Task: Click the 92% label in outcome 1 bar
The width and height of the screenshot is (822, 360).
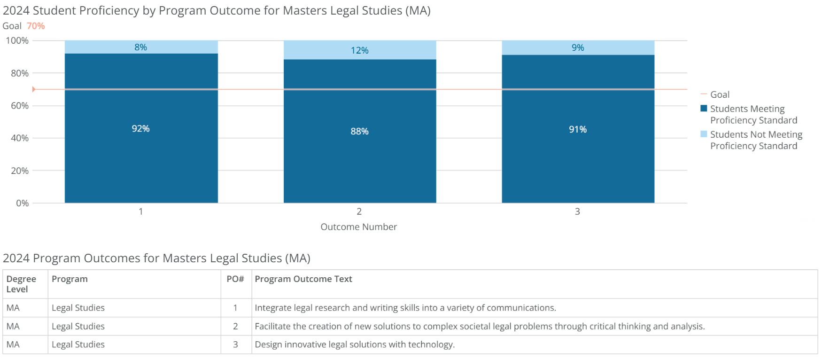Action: [x=140, y=129]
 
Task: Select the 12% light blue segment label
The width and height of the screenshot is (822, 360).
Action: [x=359, y=50]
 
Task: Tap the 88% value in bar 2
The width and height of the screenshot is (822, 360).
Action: [x=359, y=132]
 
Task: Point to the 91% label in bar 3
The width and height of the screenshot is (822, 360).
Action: [x=578, y=129]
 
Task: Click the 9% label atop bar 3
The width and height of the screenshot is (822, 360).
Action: [x=578, y=47]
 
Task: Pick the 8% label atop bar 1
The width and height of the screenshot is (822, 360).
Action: [x=140, y=47]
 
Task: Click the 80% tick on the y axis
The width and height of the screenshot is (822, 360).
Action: [x=20, y=73]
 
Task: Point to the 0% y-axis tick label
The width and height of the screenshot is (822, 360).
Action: [x=22, y=203]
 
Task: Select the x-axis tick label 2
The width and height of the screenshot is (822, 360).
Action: [x=359, y=211]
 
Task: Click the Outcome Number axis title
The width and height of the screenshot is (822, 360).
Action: [x=358, y=227]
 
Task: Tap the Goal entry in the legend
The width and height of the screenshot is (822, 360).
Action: [x=719, y=94]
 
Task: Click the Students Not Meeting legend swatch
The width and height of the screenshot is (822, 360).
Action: [x=704, y=134]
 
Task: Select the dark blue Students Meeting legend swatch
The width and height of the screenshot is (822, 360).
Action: [x=704, y=109]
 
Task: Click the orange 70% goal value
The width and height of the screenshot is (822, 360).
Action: [x=36, y=26]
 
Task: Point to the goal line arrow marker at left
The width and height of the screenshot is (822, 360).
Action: [x=34, y=89]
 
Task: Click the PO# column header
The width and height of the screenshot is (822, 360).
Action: [x=235, y=279]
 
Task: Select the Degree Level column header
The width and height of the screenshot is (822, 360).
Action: [x=21, y=284]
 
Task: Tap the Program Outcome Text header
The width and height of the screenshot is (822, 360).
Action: [x=303, y=279]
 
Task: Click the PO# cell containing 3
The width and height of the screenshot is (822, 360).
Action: [x=235, y=344]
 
